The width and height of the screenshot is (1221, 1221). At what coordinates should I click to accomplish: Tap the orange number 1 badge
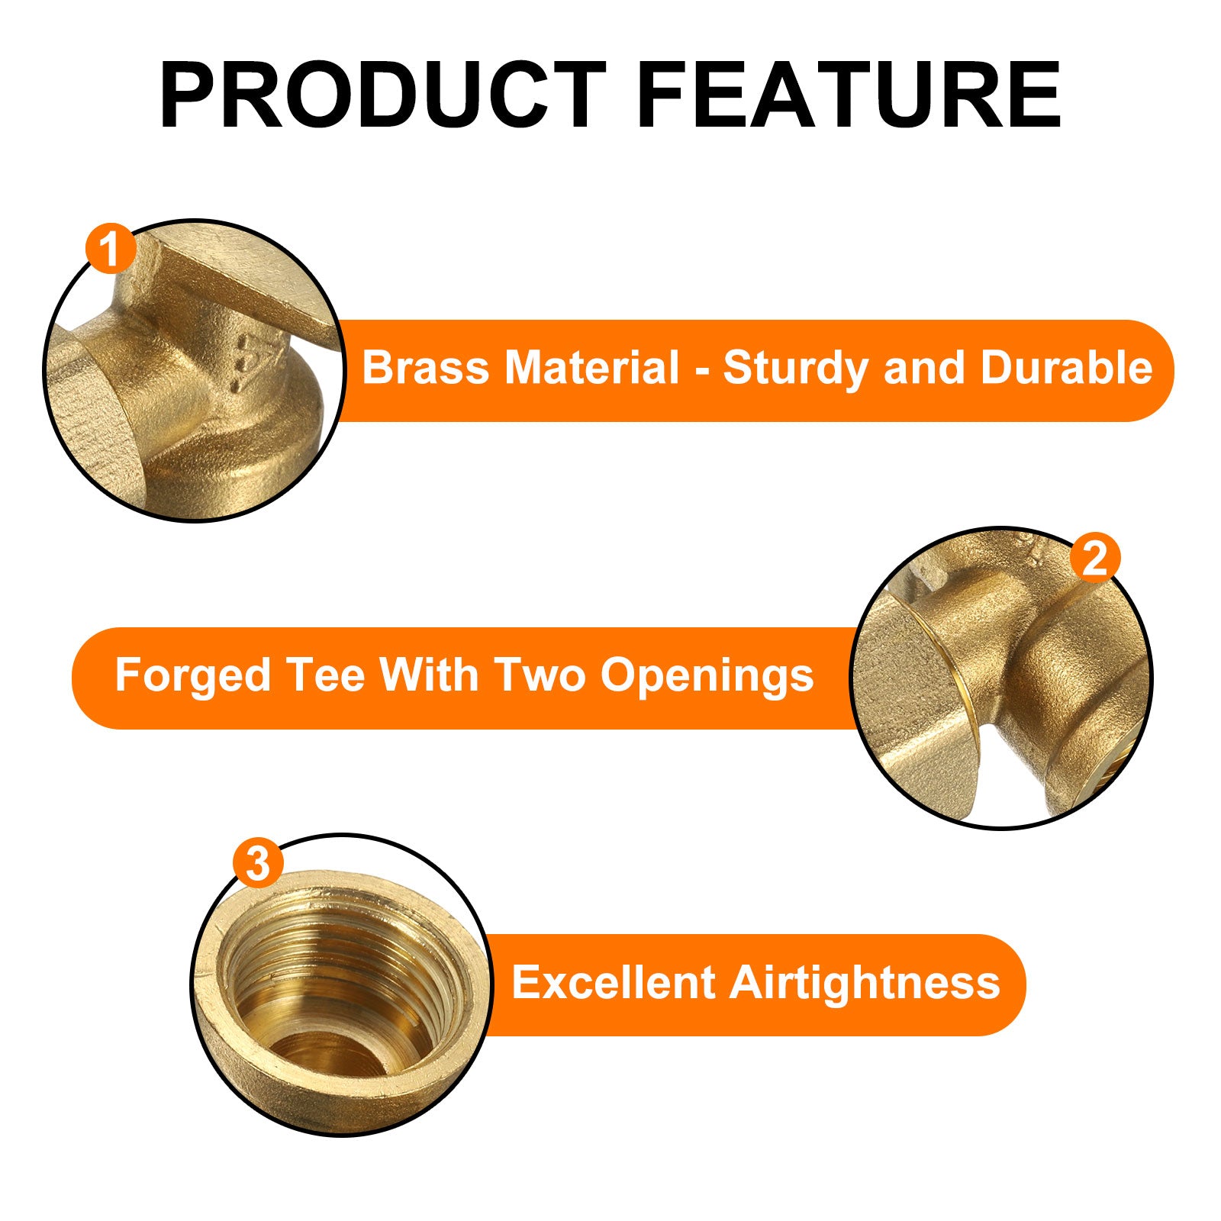tap(111, 249)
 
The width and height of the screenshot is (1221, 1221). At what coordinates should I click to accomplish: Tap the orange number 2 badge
tap(1095, 559)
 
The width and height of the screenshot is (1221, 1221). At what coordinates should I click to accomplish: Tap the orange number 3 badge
tap(258, 864)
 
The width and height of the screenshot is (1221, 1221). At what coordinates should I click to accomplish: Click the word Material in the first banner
tap(591, 368)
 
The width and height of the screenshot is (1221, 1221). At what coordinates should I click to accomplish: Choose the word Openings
tap(707, 676)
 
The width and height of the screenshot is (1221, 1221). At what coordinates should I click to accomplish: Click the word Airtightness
tap(865, 982)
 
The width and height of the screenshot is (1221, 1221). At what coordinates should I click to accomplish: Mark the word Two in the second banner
tap(540, 675)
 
